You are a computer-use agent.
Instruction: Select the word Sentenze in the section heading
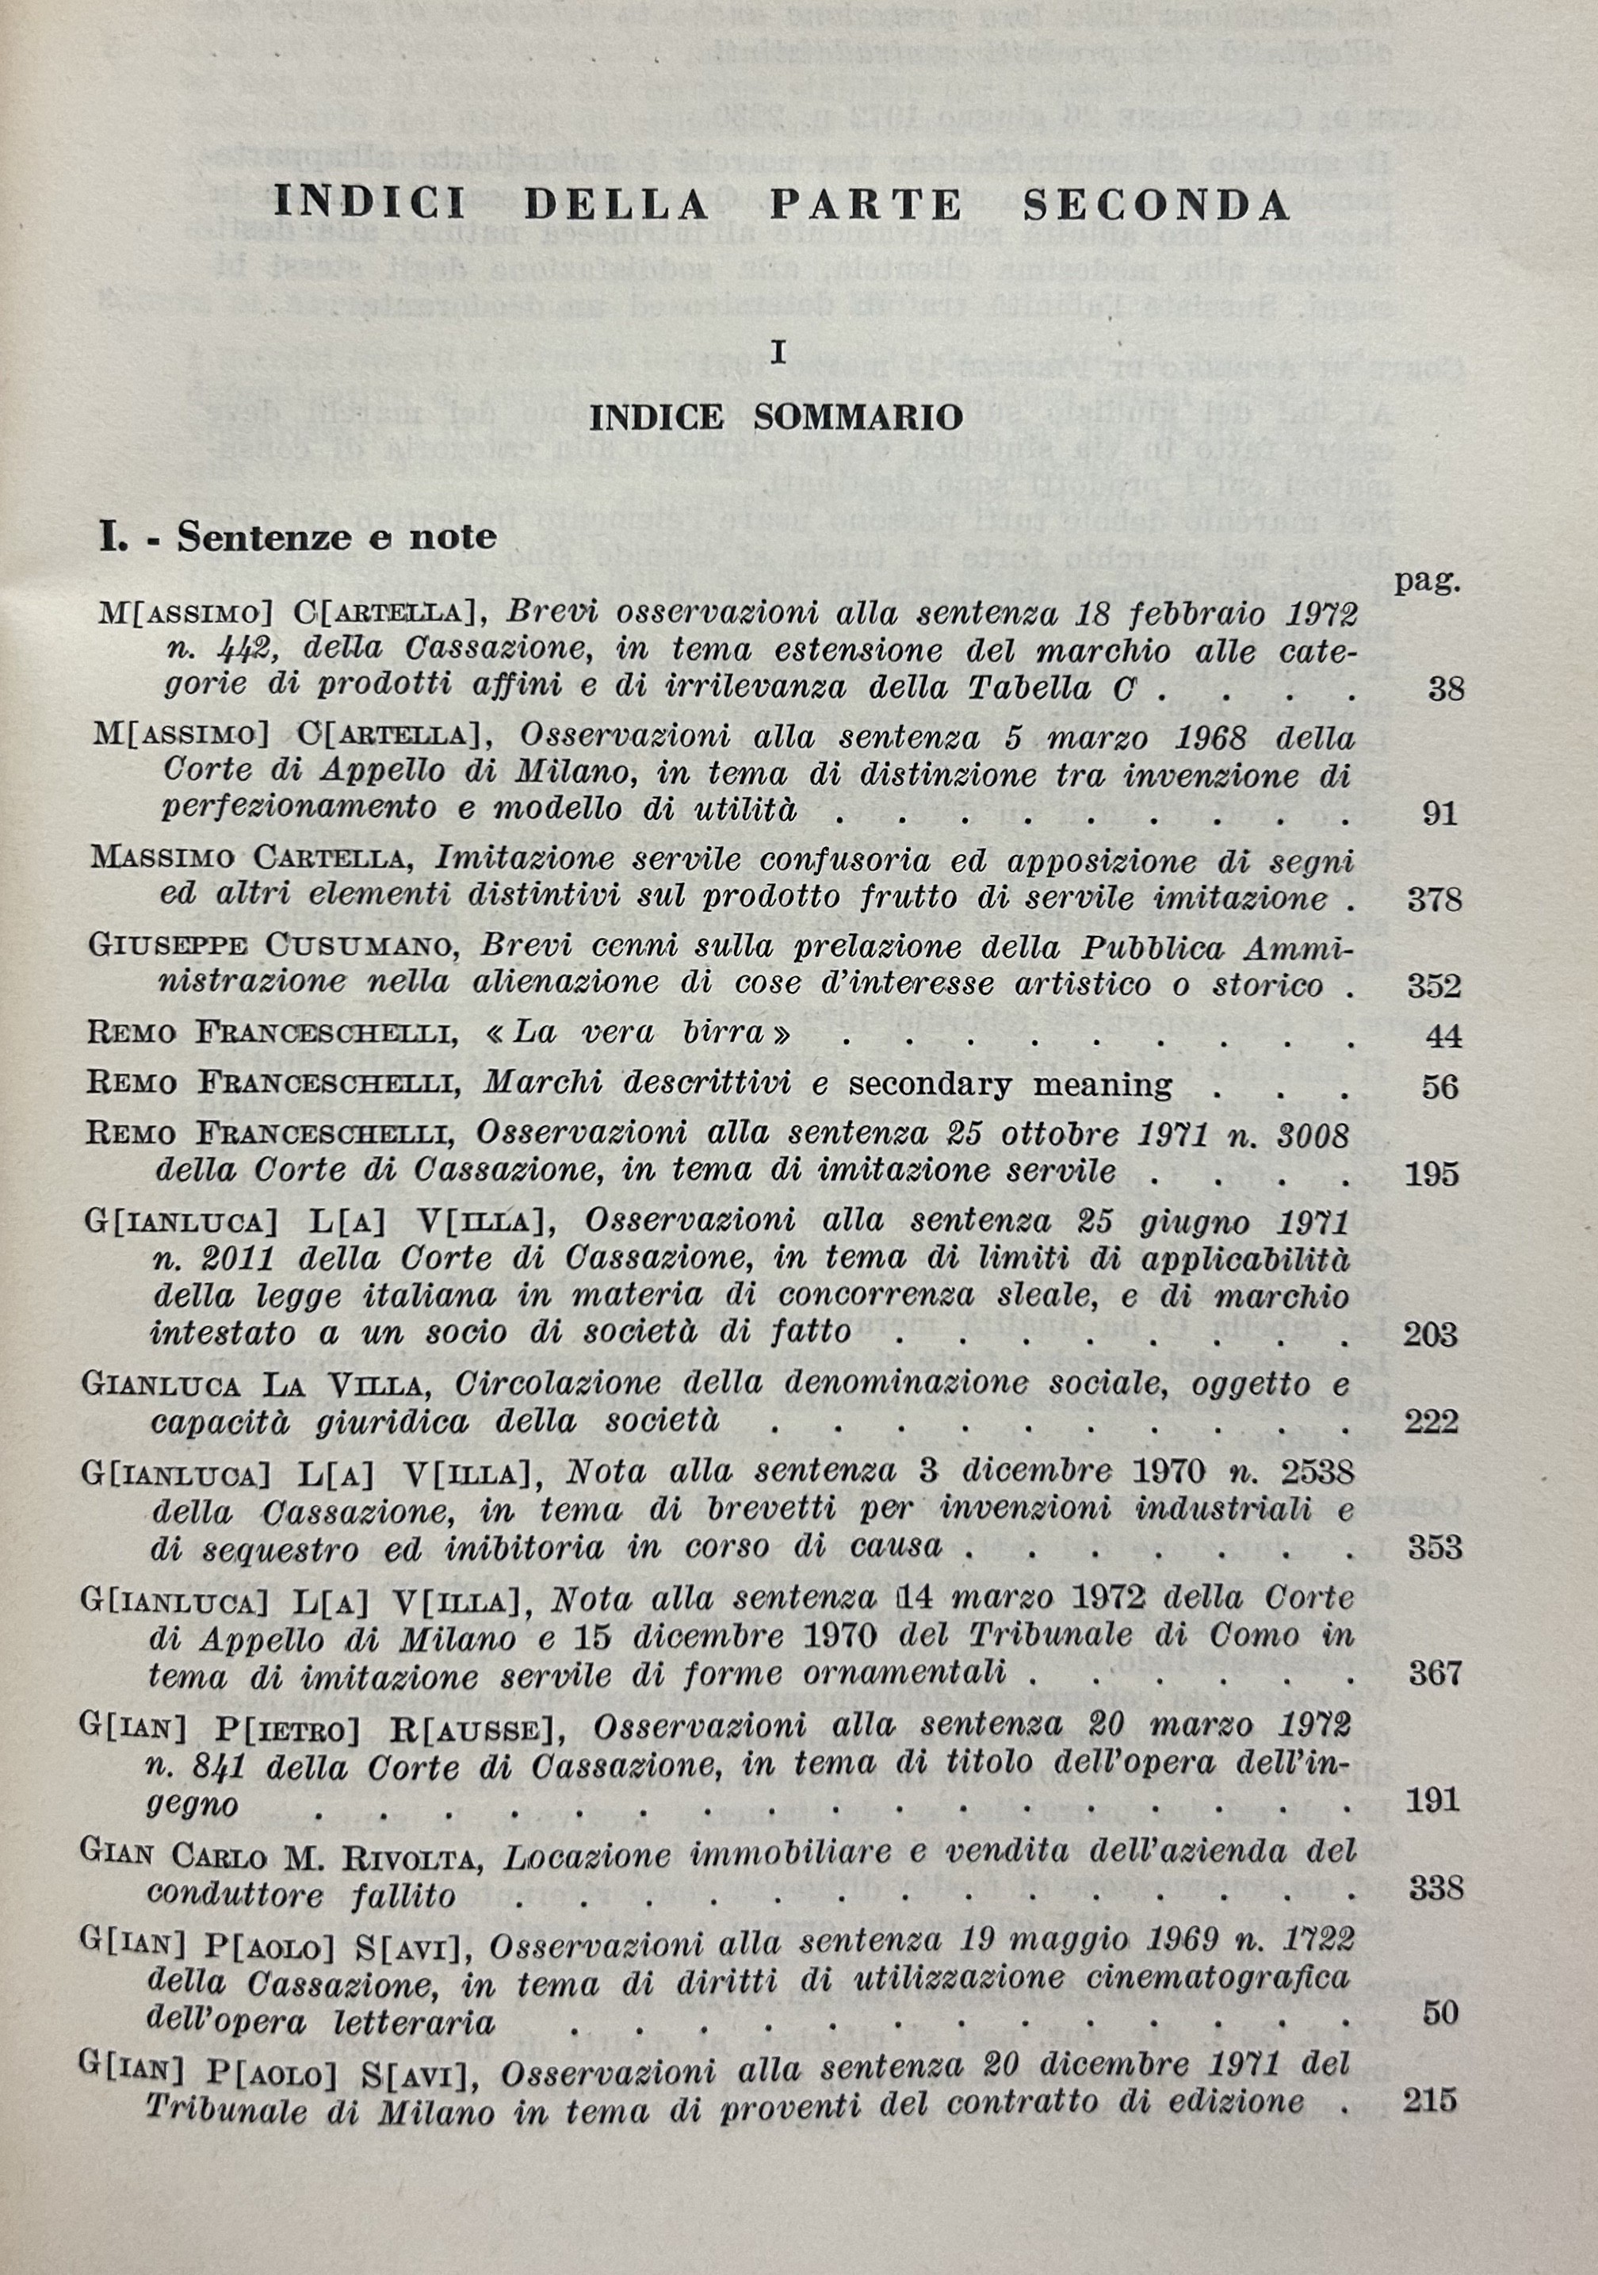coord(251,537)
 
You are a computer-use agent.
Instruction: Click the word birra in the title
coord(726,1033)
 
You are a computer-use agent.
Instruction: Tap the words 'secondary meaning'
coord(1010,1085)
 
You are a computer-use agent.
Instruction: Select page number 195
coord(1432,1174)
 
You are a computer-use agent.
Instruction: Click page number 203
coord(1431,1334)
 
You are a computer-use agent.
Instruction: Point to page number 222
coord(1432,1422)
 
